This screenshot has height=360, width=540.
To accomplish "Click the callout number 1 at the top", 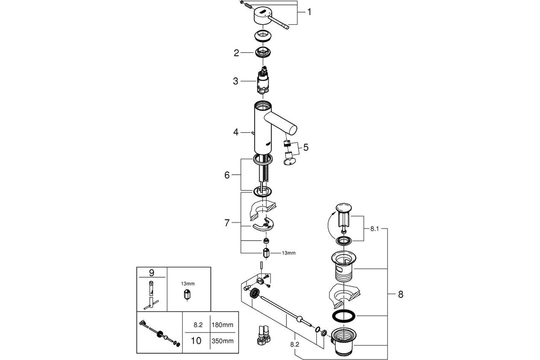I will coord(309,12).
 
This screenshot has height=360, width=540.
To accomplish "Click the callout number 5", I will coord(306,147).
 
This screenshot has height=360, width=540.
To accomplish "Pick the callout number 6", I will coord(227,175).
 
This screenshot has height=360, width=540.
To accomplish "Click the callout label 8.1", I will coord(375,229).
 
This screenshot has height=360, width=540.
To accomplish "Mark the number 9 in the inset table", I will coord(151,273).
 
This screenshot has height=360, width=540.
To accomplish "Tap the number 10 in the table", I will coord(196,341).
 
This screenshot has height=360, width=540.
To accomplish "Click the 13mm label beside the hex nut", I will coord(288,253).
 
